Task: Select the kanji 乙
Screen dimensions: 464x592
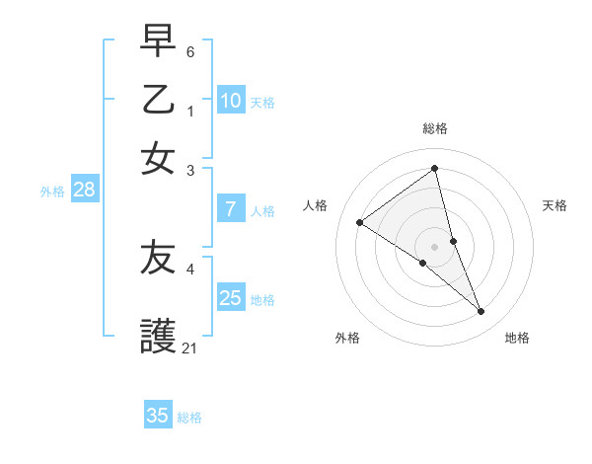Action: click(x=158, y=99)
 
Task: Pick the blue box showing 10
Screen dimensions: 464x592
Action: click(x=231, y=101)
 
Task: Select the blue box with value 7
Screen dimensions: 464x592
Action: click(x=231, y=209)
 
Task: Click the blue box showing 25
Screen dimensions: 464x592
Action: click(x=231, y=298)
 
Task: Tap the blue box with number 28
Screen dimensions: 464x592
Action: click(x=84, y=191)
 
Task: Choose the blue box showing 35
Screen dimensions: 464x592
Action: click(x=158, y=416)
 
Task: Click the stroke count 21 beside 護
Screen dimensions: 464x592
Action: click(x=190, y=348)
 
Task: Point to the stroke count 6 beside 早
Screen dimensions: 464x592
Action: click(x=190, y=50)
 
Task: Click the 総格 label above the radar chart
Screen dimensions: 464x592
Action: click(x=435, y=128)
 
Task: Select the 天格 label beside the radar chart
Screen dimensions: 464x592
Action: click(x=555, y=205)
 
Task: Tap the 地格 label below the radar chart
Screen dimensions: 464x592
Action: click(x=517, y=338)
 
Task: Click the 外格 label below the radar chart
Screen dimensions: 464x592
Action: click(x=347, y=338)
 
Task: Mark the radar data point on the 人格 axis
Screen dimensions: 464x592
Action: click(x=359, y=222)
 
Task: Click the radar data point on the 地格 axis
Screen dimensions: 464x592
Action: click(x=481, y=311)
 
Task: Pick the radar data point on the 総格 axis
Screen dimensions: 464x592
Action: click(x=435, y=169)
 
